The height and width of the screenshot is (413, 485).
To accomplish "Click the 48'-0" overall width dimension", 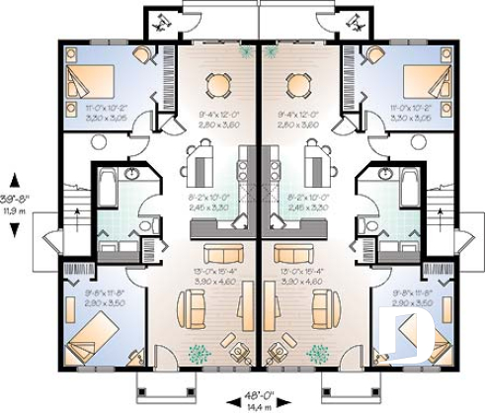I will pyautogui.click(x=259, y=393).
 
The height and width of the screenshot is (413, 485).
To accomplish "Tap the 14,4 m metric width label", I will pyautogui.click(x=259, y=404).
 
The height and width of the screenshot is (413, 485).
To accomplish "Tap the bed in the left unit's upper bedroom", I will pyautogui.click(x=82, y=77).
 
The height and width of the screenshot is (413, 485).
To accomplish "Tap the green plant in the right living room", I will pyautogui.click(x=318, y=353).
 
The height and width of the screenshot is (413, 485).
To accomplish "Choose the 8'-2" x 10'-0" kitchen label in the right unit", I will pyautogui.click(x=307, y=202).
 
